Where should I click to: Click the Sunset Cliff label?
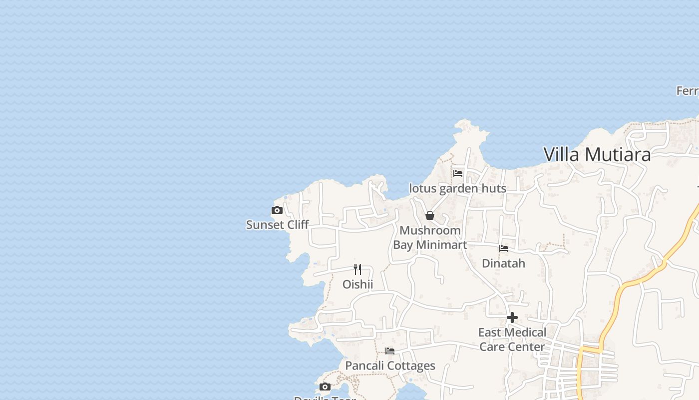tap(278, 225)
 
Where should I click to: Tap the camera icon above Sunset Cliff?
tap(277, 210)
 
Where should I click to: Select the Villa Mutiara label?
tap(597, 154)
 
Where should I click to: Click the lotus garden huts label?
tap(457, 188)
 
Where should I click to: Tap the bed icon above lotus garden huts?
tap(458, 173)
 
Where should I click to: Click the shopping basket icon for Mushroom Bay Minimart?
tap(430, 215)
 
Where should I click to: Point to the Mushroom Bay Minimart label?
tap(430, 237)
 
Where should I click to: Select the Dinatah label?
tap(503, 263)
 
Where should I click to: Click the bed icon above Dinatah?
tap(504, 248)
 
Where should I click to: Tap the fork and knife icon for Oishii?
tap(357, 269)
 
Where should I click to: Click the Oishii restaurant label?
tap(357, 284)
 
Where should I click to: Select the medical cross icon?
tap(512, 317)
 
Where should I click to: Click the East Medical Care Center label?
tap(512, 339)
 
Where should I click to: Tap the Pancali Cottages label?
tap(390, 365)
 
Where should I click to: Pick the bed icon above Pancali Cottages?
tap(390, 351)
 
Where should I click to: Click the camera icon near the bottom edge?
tap(325, 387)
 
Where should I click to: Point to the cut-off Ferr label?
tap(687, 91)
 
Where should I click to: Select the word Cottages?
tap(412, 365)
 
